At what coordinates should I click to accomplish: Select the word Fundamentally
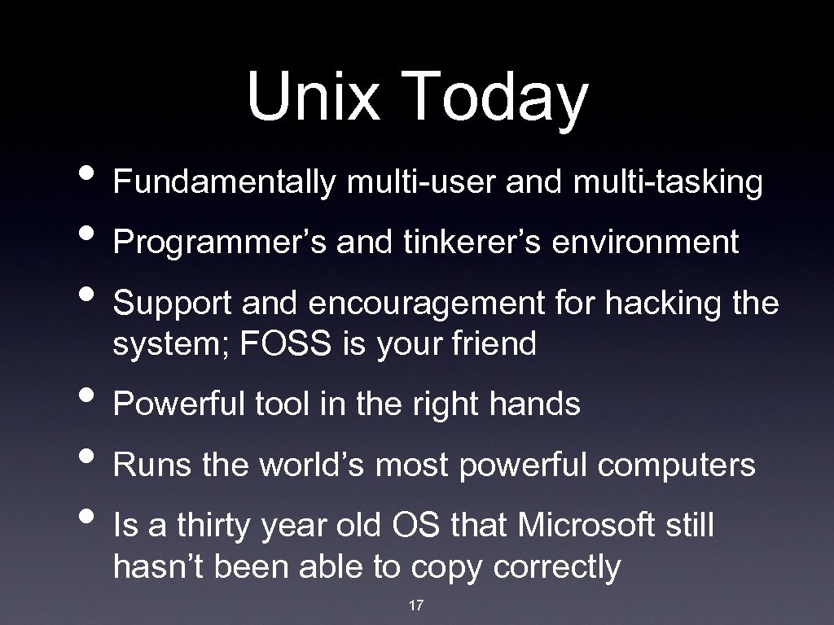(x=224, y=182)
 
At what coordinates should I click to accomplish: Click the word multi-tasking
(x=668, y=183)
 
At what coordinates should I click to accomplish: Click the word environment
(x=646, y=242)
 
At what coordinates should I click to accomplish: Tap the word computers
(x=677, y=465)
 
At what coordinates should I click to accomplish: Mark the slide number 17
(x=416, y=605)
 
